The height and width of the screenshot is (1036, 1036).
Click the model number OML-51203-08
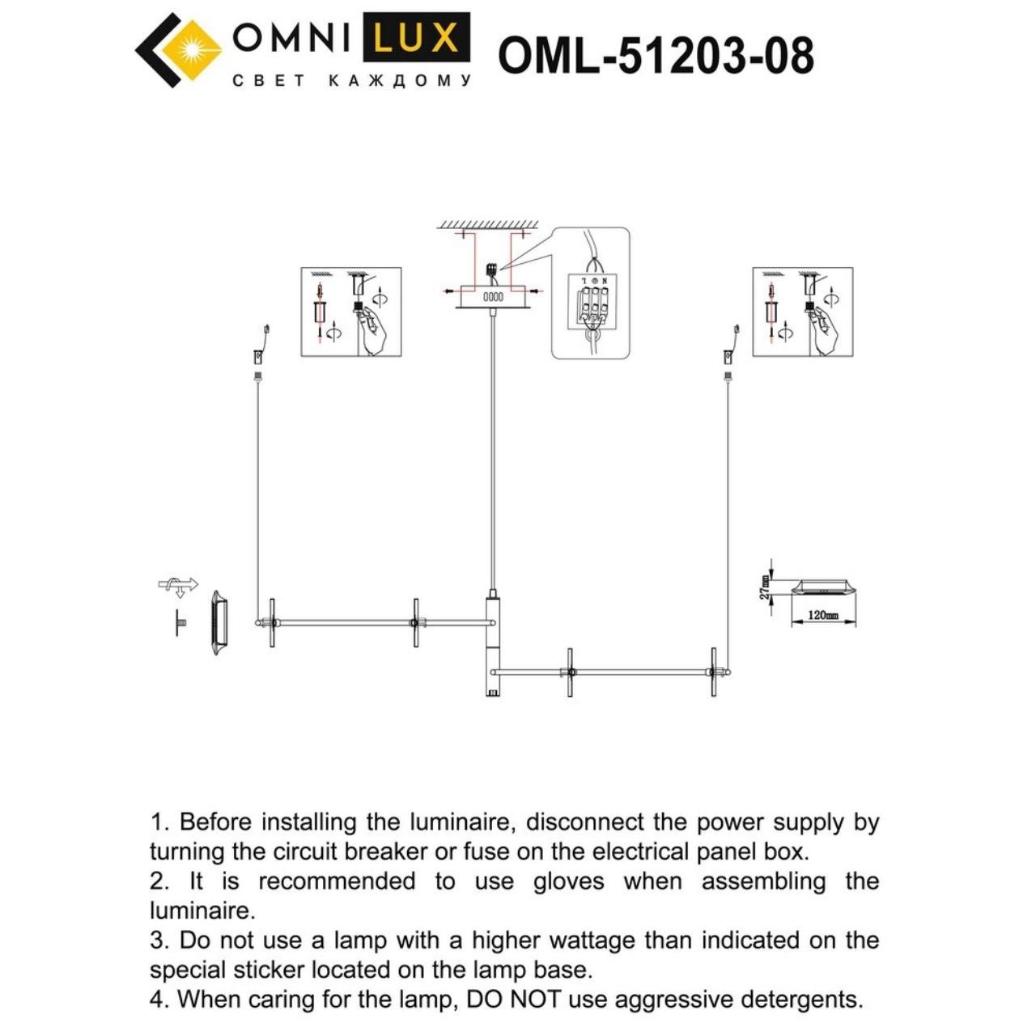(x=656, y=56)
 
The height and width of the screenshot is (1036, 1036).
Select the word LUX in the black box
(x=416, y=38)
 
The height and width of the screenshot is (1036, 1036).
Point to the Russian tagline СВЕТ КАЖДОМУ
(x=351, y=81)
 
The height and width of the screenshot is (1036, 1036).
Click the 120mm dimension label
(x=823, y=615)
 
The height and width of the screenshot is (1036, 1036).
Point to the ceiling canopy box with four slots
(x=493, y=297)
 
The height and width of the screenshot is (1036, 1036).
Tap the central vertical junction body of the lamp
(x=493, y=643)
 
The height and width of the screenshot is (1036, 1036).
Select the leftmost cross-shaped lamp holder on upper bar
(x=273, y=622)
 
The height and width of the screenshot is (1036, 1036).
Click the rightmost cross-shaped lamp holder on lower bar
(x=714, y=671)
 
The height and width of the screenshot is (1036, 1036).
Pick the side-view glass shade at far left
(x=219, y=622)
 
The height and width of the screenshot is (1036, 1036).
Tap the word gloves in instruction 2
(x=568, y=881)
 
